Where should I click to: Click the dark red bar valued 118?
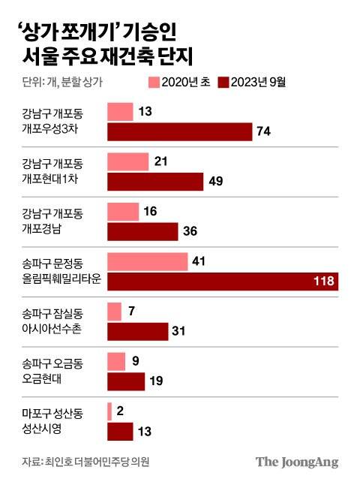click(223, 282)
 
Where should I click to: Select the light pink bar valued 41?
click(148, 261)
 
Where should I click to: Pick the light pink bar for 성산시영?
click(110, 411)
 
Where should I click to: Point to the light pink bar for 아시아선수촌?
click(115, 311)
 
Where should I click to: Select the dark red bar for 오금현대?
click(126, 381)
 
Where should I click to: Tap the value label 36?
click(190, 232)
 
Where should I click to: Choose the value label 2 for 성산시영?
click(121, 411)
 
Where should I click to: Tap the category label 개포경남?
click(44, 228)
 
